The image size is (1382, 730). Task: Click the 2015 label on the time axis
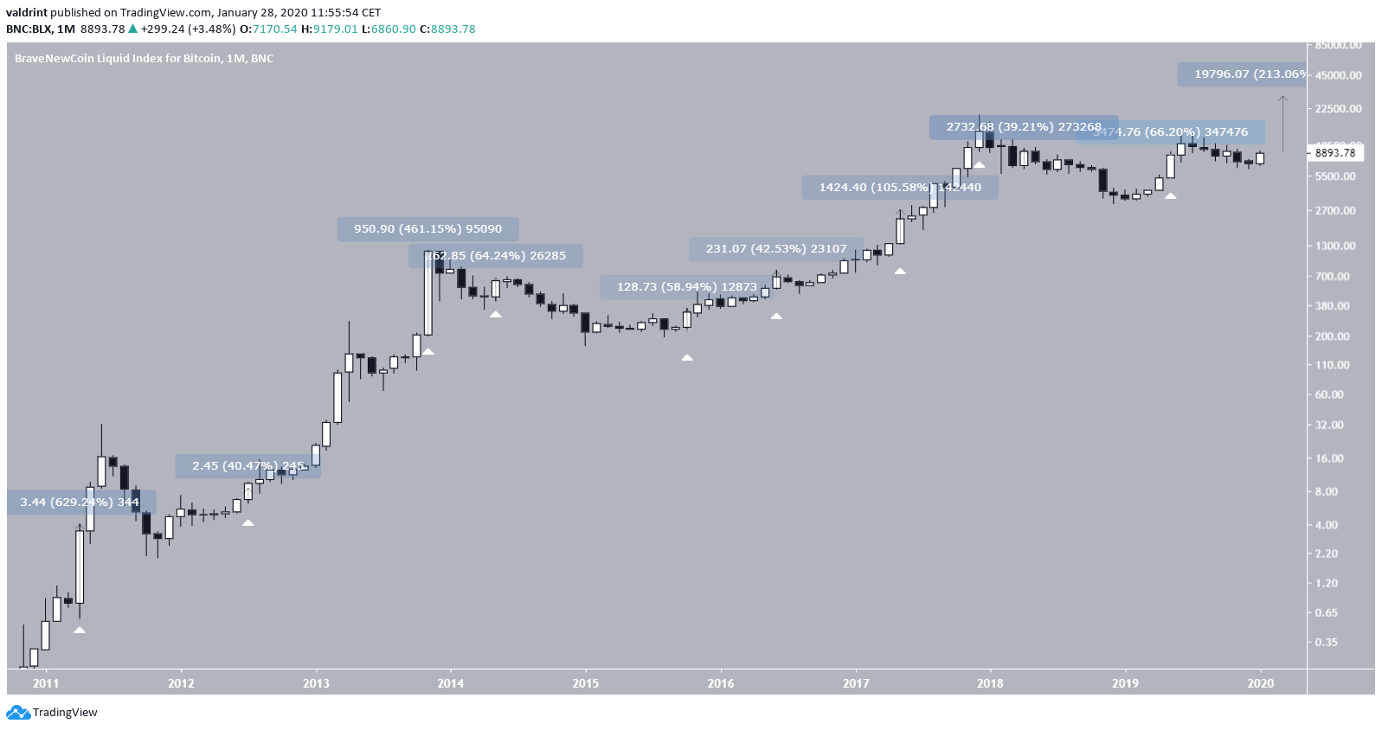point(585,683)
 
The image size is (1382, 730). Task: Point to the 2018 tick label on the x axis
point(990,683)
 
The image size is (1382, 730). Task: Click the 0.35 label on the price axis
point(1326,642)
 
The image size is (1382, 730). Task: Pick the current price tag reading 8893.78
point(1335,153)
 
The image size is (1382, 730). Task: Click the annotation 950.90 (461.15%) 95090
point(427,229)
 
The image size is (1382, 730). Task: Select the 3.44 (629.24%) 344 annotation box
point(80,503)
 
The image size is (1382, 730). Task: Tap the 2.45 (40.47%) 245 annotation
point(248,466)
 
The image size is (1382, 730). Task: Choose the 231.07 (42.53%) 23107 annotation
point(776,249)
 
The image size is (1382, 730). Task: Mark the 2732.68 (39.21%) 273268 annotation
point(1024,127)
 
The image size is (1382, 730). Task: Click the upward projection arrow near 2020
point(1282,121)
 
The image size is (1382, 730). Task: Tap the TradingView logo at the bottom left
point(53,713)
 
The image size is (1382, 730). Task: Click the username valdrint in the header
point(26,13)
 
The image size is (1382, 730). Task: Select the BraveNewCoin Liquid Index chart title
point(144,59)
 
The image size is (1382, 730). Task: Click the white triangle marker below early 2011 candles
point(80,630)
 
